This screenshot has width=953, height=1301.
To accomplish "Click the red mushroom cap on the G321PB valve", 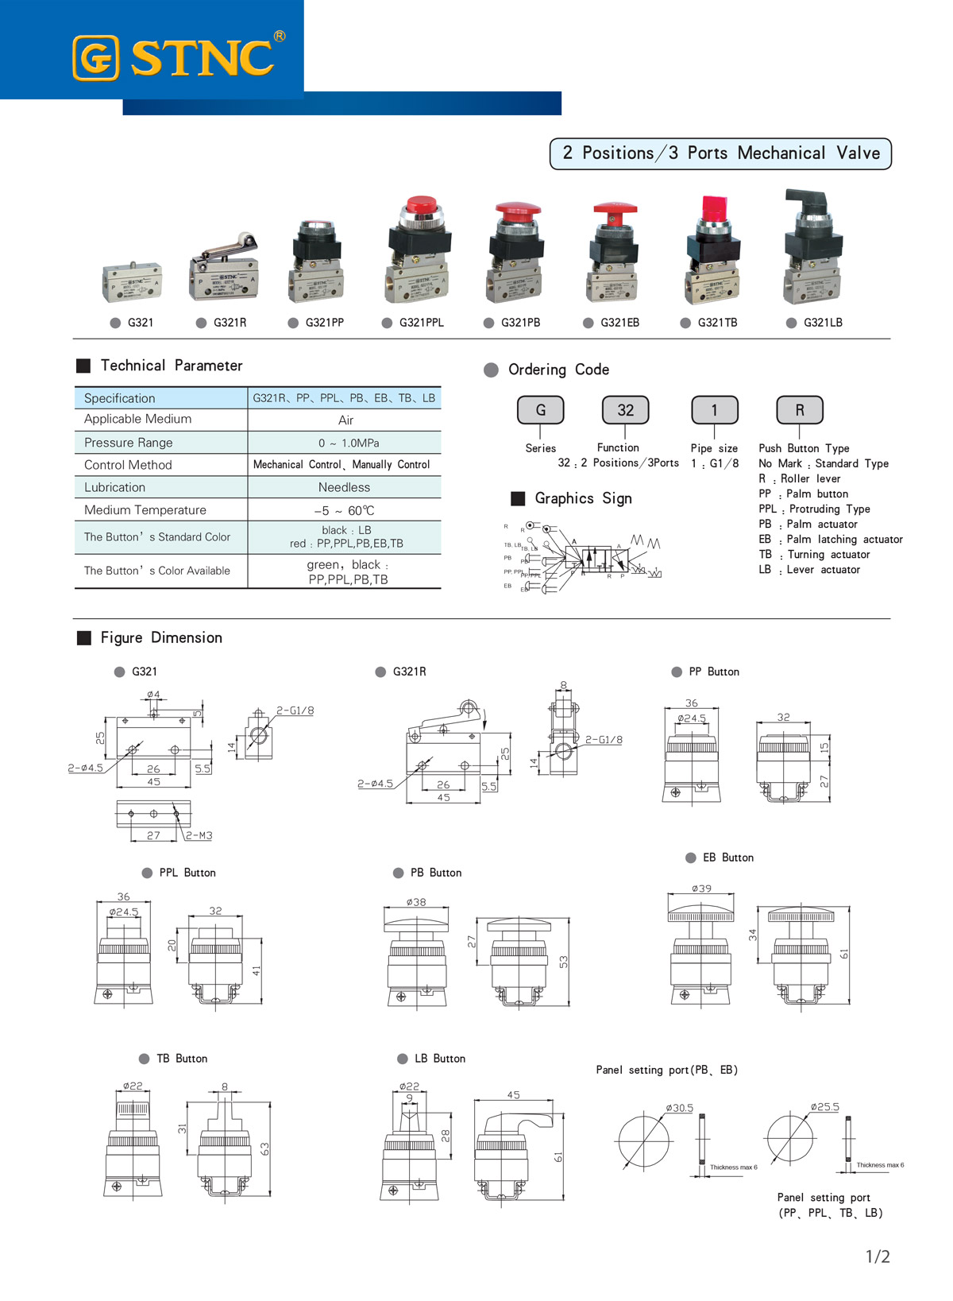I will pyautogui.click(x=518, y=213).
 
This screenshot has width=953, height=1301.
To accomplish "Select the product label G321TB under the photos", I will pyautogui.click(x=717, y=323).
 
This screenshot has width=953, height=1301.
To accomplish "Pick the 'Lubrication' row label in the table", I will pyautogui.click(x=115, y=487).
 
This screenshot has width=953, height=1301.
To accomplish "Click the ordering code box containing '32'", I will pyautogui.click(x=625, y=410).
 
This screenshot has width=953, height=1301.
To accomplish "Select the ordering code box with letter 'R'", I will pyautogui.click(x=800, y=410).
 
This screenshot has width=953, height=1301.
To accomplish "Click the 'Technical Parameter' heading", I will pyautogui.click(x=171, y=366).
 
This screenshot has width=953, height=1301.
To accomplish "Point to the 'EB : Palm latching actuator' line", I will pyautogui.click(x=830, y=539).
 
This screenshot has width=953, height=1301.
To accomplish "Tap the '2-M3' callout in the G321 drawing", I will pyautogui.click(x=199, y=835).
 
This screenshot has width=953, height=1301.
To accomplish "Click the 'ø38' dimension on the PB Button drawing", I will pyautogui.click(x=416, y=902).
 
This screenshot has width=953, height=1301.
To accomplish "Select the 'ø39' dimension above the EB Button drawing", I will pyautogui.click(x=701, y=889).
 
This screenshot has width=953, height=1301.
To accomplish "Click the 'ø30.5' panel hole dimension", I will pyautogui.click(x=680, y=1108).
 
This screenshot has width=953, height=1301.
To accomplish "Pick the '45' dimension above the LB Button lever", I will pyautogui.click(x=513, y=1094).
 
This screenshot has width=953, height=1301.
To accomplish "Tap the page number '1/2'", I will pyautogui.click(x=878, y=1256).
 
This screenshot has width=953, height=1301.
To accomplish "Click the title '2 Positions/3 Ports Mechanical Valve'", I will pyautogui.click(x=720, y=153).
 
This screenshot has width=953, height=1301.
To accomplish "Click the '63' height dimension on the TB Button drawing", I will pyautogui.click(x=264, y=1148).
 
